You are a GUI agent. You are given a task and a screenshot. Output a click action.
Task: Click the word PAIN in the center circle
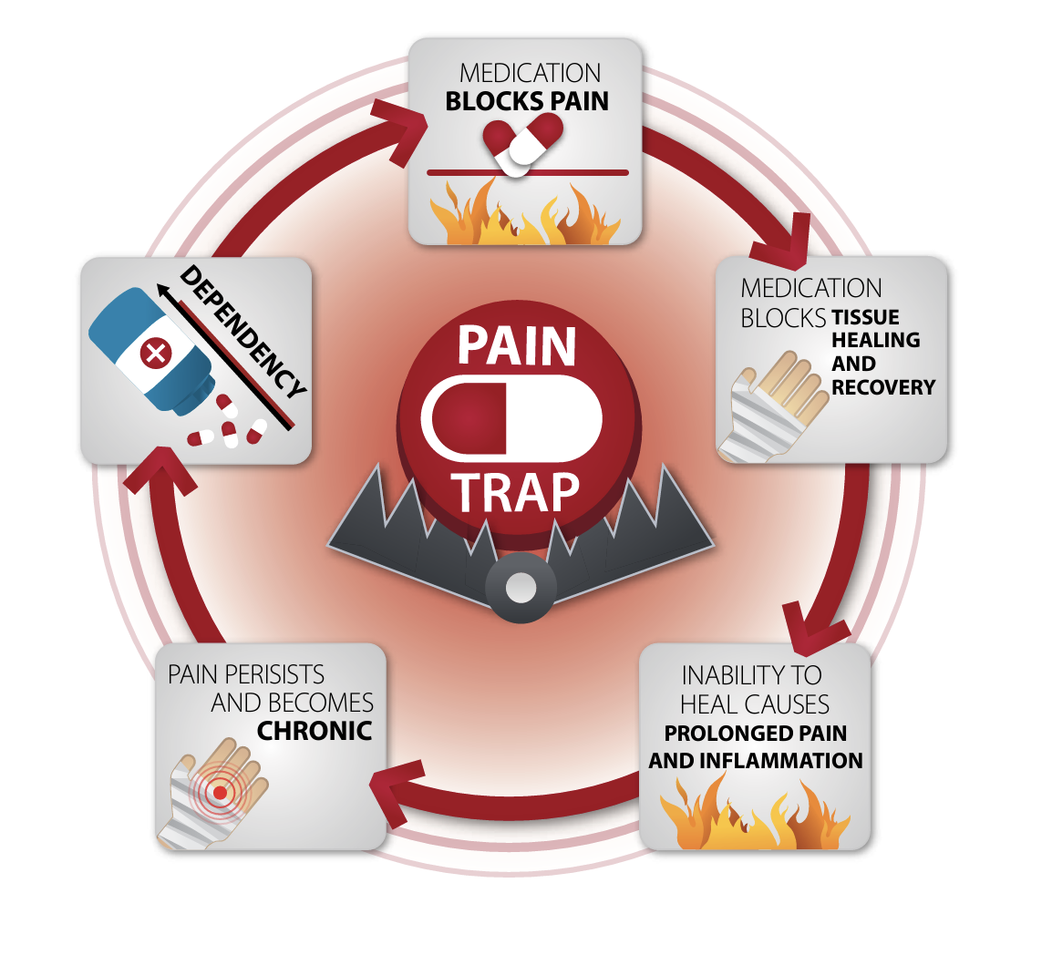pyautogui.click(x=517, y=346)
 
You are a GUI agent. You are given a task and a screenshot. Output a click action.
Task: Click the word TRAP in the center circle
pyautogui.click(x=518, y=492)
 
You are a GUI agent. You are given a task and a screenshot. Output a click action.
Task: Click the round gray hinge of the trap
pyautogui.click(x=521, y=588)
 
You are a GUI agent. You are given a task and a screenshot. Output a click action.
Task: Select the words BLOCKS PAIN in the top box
pyautogui.click(x=527, y=101)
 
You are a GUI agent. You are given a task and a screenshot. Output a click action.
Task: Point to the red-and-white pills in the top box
pyautogui.click(x=523, y=142)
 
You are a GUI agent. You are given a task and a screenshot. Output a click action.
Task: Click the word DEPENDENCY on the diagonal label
pyautogui.click(x=242, y=333)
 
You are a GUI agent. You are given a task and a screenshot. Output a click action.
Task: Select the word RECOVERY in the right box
pyautogui.click(x=883, y=387)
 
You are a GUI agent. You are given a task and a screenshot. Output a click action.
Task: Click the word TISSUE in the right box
pyautogui.click(x=865, y=317)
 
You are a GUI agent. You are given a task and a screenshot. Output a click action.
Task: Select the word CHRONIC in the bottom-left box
pyautogui.click(x=315, y=731)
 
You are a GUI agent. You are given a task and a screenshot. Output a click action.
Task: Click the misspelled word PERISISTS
pyautogui.click(x=279, y=674)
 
